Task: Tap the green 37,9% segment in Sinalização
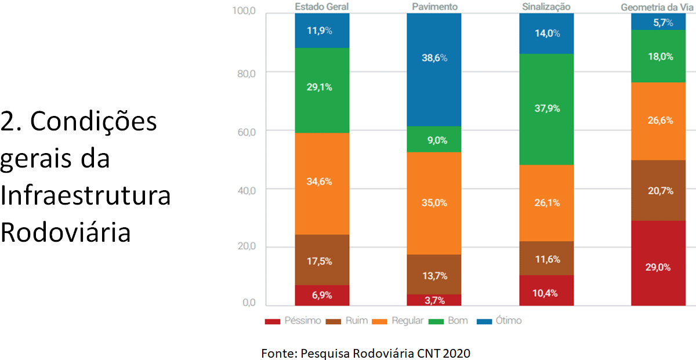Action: (546, 109)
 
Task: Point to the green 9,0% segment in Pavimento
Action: (434, 139)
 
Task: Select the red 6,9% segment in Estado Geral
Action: (322, 295)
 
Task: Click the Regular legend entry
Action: (400, 321)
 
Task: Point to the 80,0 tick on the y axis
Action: (244, 73)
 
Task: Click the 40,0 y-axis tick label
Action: (244, 189)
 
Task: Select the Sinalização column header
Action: (546, 6)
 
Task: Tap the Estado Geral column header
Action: (321, 6)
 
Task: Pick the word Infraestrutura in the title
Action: (85, 196)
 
